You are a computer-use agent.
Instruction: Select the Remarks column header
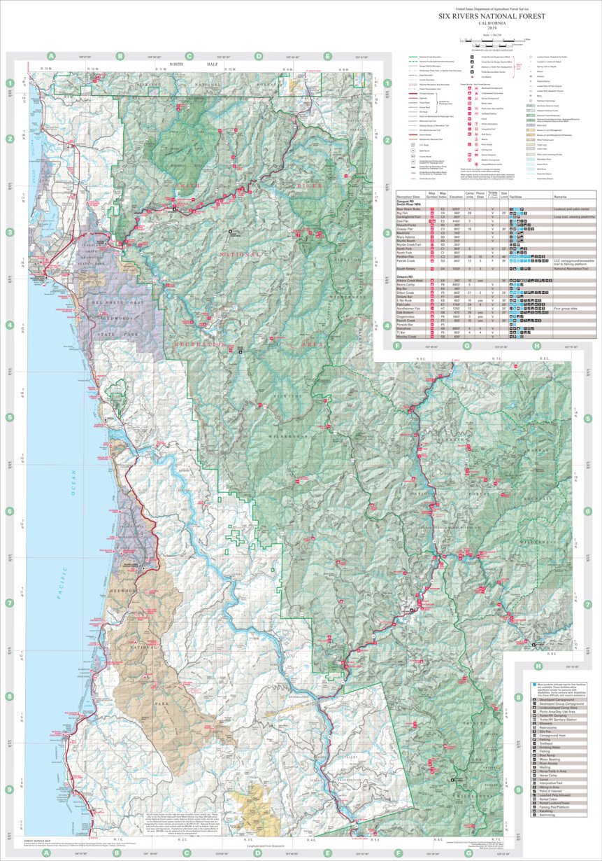[565, 197]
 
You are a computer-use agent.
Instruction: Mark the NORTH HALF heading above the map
[188, 64]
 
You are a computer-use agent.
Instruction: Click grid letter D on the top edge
[257, 56]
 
